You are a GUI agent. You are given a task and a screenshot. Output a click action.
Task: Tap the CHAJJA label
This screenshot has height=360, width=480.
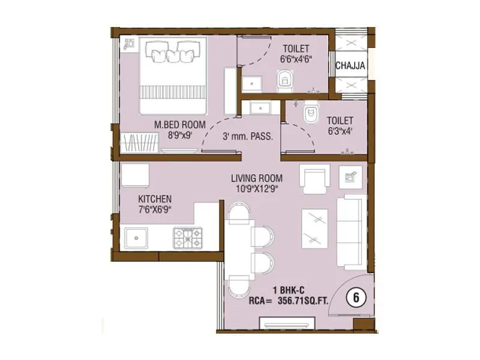[x=351, y=66]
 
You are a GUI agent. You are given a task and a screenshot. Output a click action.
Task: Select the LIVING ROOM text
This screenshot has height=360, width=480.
[x=257, y=179]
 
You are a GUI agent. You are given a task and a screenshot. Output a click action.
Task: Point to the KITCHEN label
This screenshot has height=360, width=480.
[x=155, y=199]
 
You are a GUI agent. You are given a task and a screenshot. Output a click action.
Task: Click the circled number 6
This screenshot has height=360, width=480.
[x=356, y=296]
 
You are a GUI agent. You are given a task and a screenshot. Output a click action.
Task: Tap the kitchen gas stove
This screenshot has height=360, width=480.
[x=188, y=237]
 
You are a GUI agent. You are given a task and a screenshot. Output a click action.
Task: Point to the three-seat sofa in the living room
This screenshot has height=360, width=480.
[x=349, y=232]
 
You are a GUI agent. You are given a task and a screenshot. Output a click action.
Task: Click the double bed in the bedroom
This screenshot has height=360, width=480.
[x=173, y=75]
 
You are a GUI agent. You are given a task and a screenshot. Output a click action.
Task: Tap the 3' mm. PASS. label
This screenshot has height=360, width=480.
[x=248, y=137]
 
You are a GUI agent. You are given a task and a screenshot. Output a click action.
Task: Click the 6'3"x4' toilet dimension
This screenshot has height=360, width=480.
[x=340, y=130]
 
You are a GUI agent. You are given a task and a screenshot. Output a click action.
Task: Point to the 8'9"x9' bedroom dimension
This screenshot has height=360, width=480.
[x=179, y=135]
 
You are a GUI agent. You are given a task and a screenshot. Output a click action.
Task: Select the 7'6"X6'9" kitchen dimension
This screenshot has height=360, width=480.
[x=155, y=209]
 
